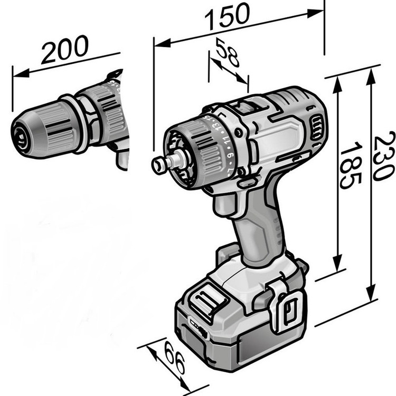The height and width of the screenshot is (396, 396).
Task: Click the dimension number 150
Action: pyautogui.click(x=227, y=16)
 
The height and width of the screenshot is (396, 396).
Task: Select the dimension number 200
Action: pyautogui.click(x=64, y=49)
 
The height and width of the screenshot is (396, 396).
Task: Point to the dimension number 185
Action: pyautogui.click(x=350, y=165)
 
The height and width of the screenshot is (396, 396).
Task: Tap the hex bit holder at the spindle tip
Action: pyautogui.click(x=159, y=164)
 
